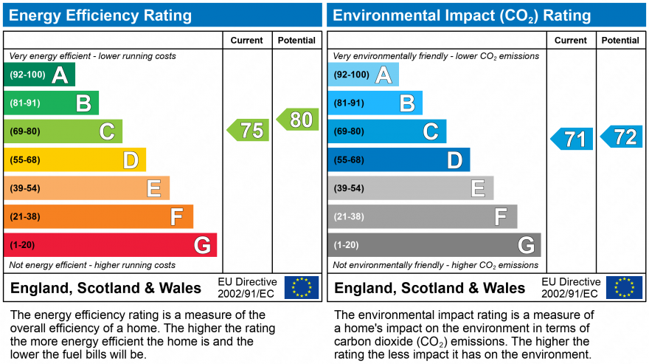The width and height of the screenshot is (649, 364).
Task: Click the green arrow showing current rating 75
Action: click(x=249, y=131)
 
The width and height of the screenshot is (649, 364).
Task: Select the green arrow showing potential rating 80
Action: click(x=298, y=120)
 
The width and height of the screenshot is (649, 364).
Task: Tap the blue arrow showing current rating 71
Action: click(x=572, y=139)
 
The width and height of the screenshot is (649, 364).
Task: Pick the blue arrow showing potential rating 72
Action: click(x=622, y=137)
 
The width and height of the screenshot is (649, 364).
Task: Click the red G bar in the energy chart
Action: click(x=111, y=244)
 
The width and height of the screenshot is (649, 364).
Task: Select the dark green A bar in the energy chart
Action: click(x=40, y=75)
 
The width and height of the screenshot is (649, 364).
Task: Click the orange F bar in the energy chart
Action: click(x=99, y=216)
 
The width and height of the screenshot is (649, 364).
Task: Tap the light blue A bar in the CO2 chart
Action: click(x=363, y=75)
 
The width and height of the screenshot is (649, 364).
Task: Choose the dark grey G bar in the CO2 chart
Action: click(x=434, y=244)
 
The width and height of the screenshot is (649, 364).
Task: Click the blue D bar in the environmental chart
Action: click(x=398, y=159)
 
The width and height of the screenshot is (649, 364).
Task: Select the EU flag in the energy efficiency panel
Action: click(x=302, y=287)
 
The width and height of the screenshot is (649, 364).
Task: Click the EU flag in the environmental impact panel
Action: click(x=624, y=287)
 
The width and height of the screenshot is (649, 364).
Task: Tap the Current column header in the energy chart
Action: click(x=247, y=41)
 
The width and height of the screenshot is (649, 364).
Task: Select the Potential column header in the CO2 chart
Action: click(x=619, y=41)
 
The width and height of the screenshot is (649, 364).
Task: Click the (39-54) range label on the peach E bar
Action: click(x=25, y=188)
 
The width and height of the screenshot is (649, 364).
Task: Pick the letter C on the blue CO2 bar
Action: click(x=430, y=131)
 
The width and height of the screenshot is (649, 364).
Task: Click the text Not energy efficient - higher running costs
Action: click(x=92, y=265)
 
